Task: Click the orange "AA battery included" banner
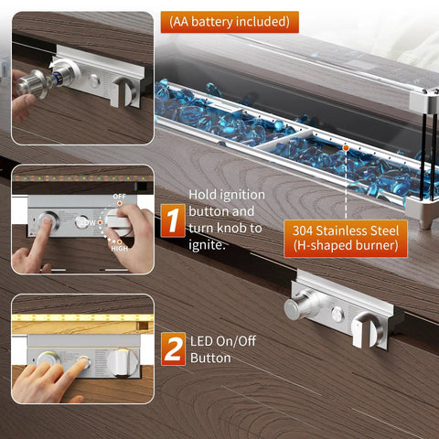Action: pos(230,22)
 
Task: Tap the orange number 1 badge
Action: pos(173,220)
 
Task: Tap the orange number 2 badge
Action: pos(173,348)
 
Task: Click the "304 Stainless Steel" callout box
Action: pos(346,239)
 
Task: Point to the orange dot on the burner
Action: pos(346,148)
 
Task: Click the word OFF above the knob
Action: pos(119,197)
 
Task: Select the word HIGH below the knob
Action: pos(119,249)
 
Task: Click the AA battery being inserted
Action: pos(58,77)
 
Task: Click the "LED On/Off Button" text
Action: pos(223,349)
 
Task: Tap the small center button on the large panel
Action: pos(337,314)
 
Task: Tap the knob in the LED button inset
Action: pos(123,362)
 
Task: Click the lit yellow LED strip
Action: pos(82,317)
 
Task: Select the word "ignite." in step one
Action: pos(207,245)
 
